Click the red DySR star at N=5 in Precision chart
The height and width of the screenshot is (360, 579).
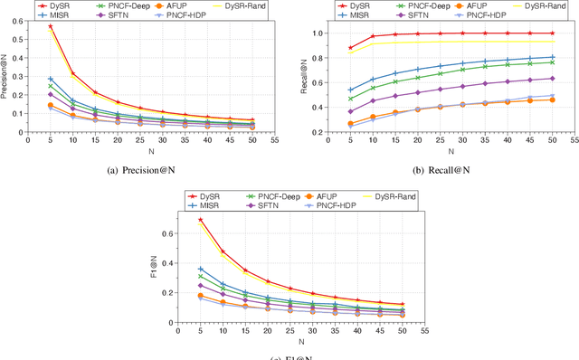click(51, 27)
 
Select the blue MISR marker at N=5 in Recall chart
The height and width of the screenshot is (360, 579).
click(351, 90)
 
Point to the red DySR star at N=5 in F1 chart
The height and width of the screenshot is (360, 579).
click(200, 220)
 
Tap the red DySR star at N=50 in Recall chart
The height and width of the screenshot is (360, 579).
click(552, 33)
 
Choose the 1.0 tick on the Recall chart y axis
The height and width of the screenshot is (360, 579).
click(317, 33)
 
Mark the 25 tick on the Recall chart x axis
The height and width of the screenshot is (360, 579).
click(441, 142)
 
